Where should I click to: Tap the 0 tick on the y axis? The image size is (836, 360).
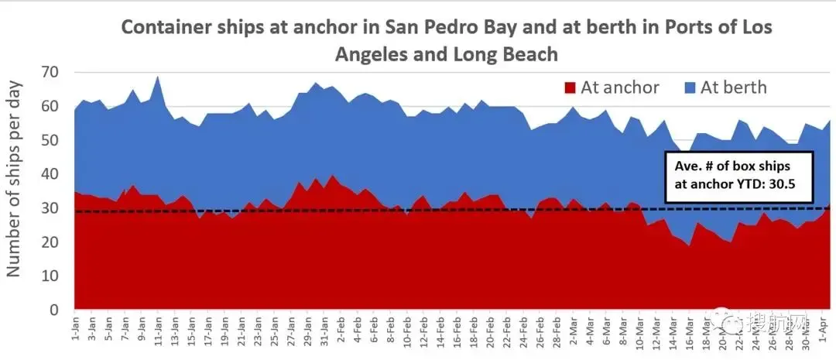[54, 310]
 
